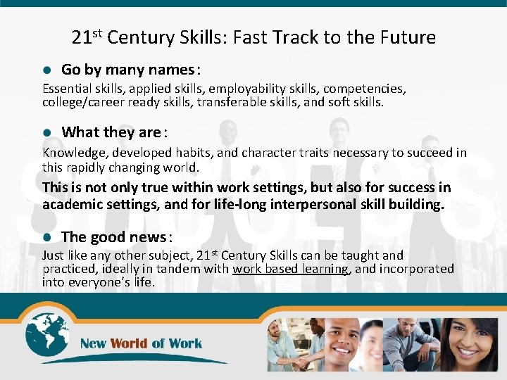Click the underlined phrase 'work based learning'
[x=291, y=269]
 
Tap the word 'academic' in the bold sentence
[x=70, y=205]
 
